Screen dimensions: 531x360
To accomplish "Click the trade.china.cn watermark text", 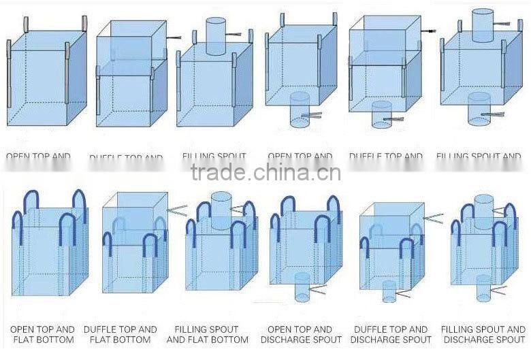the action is [x=266, y=174].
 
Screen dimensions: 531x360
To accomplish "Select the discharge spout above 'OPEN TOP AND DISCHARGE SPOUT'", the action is [x=302, y=287].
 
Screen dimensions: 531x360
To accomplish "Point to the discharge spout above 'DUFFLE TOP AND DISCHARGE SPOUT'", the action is [x=389, y=291].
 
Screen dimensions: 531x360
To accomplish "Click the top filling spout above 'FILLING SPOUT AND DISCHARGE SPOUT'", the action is [x=483, y=207].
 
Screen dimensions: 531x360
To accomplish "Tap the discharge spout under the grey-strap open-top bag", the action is [x=300, y=110].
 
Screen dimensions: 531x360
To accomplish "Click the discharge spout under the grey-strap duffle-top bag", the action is [x=382, y=114].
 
